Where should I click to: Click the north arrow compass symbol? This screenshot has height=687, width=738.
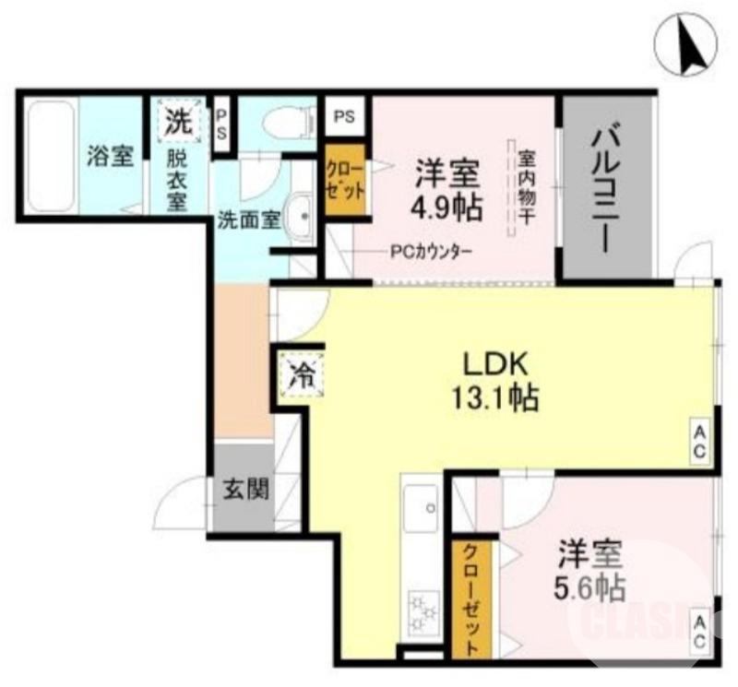tap(686, 45)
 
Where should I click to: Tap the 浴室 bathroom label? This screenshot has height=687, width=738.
tap(110, 156)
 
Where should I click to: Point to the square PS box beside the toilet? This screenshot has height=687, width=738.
tap(344, 117)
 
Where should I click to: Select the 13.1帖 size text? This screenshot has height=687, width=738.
tap(494, 398)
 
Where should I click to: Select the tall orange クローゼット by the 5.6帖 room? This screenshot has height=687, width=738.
tap(470, 599)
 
